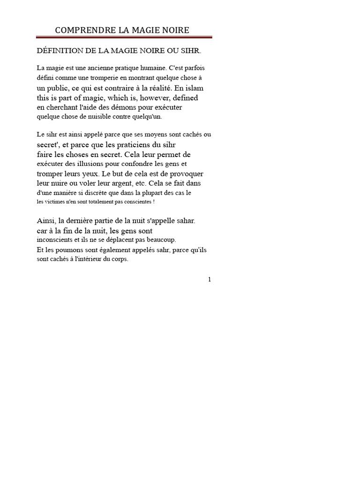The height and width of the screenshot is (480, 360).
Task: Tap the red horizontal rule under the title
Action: click(x=124, y=37)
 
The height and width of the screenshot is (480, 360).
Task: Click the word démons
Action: click(x=129, y=107)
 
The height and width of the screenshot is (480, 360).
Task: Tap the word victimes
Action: click(x=57, y=202)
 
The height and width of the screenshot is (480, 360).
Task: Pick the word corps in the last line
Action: click(x=119, y=259)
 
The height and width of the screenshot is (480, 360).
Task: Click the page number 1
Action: click(x=210, y=280)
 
